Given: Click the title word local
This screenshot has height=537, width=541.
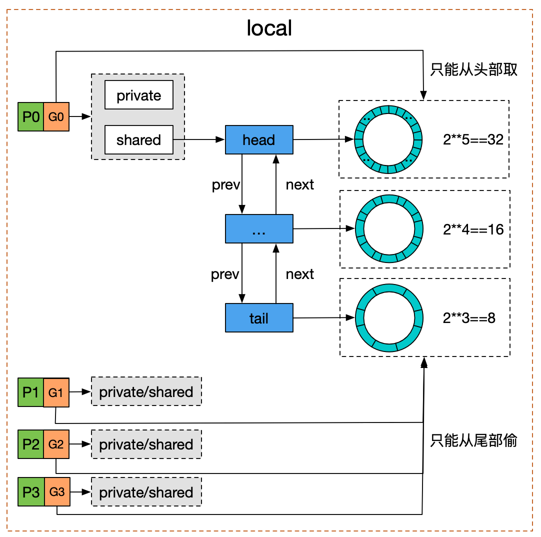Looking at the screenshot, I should (x=269, y=28).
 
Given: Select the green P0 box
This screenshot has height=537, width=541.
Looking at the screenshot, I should (x=30, y=117).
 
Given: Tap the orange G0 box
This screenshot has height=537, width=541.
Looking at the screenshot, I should (x=56, y=117).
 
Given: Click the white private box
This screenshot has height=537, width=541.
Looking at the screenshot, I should (x=138, y=95).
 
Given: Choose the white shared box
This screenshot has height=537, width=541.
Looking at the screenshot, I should (x=138, y=140).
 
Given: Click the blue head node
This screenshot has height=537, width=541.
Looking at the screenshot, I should (x=258, y=140).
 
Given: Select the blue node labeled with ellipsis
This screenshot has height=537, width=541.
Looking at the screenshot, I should (x=258, y=229).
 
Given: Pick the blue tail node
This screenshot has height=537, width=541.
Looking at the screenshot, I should (x=258, y=318).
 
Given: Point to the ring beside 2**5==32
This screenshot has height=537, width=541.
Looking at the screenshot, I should (x=389, y=139).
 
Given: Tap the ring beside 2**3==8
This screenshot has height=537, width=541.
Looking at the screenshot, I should (x=389, y=317).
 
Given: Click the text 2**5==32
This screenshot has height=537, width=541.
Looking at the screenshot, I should (x=472, y=140).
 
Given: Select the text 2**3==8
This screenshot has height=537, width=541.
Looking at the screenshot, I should (x=469, y=318).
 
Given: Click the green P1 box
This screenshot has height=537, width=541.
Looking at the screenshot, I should (x=30, y=392).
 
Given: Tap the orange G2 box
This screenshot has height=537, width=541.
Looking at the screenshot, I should (x=56, y=444).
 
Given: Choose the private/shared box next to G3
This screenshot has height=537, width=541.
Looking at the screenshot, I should (x=146, y=492).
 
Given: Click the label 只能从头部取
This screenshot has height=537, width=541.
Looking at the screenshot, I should (x=473, y=69).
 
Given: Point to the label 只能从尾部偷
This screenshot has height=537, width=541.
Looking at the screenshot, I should (x=473, y=440).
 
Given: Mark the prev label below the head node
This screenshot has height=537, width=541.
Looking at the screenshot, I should (x=225, y=184).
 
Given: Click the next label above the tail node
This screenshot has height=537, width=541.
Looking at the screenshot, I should (x=299, y=274).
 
